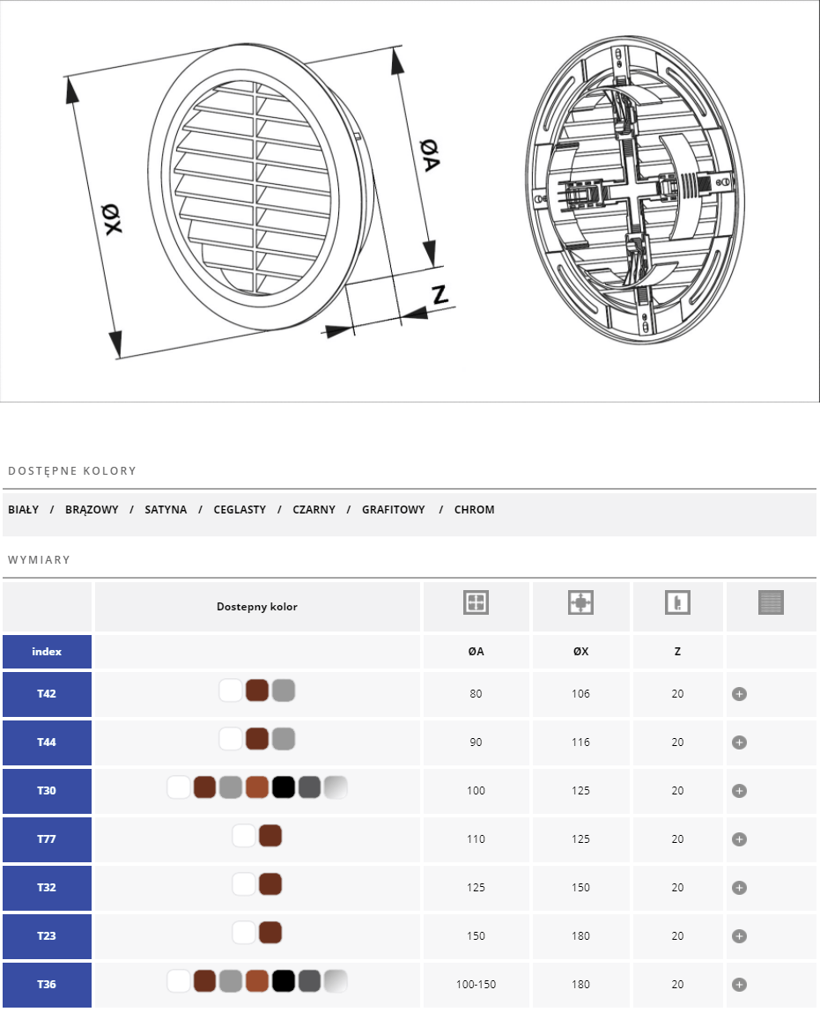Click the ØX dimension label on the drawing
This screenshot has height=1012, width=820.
(112, 218)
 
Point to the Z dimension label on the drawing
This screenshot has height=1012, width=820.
(440, 294)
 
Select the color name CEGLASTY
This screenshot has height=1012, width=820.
(240, 509)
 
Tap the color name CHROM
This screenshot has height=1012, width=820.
(474, 509)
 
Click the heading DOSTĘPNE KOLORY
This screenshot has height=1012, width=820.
(72, 471)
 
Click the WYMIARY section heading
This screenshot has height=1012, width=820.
(39, 559)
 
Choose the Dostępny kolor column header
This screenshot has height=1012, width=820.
(257, 607)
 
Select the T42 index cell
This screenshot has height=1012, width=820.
(47, 694)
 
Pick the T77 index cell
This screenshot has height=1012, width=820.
(47, 839)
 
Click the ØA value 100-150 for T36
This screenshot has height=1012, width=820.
(476, 984)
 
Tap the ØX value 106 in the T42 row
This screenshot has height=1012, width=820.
(580, 694)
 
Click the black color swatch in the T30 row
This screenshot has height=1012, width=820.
(284, 787)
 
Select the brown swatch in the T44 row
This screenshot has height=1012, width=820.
(257, 739)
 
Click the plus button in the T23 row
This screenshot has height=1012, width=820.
(739, 936)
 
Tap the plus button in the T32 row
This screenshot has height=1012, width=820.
(739, 888)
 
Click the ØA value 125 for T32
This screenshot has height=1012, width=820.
(476, 888)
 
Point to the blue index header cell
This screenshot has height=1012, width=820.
(47, 652)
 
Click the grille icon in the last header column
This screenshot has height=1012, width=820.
(771, 602)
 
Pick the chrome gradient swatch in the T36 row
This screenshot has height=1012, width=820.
(336, 981)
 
